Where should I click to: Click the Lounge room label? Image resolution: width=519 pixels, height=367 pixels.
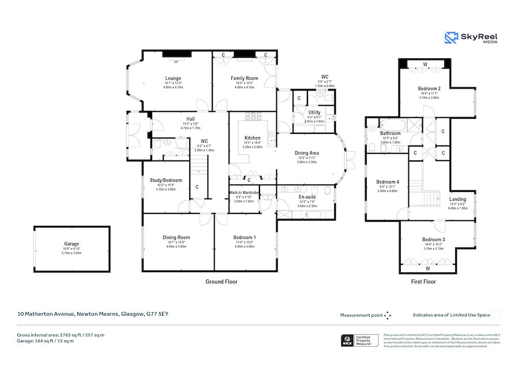coord(173,78)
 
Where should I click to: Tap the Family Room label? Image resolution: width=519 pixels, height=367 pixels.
coord(244,78)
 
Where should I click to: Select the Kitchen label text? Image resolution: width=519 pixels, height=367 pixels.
coord(252,138)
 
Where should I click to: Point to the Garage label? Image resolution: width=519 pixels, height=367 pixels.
coord(72,244)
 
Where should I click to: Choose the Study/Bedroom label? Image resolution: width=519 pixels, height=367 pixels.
coord(161,179)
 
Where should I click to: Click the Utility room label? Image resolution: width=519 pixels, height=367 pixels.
coord(314,113)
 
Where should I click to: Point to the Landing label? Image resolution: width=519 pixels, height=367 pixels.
coord(457,200)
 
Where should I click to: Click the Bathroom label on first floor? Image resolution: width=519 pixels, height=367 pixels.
coord(390,134)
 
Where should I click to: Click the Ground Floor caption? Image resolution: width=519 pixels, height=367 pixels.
coord(221,282)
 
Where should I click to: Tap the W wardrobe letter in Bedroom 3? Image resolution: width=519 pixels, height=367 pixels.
coord(427,268)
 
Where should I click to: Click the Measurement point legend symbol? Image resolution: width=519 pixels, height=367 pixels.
coord(388,315)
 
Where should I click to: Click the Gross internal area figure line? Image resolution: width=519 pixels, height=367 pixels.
coord(61,335)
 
